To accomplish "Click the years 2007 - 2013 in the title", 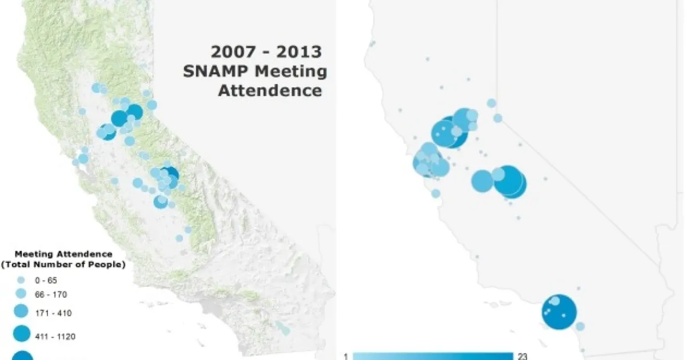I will point(266,52).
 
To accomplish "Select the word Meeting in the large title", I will point(291,71).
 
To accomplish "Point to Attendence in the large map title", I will point(270,90).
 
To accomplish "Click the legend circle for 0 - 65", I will point(21,281).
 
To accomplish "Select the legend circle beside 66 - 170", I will point(21,294).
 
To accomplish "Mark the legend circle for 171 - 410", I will point(21,313).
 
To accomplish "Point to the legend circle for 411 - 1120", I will point(21,333).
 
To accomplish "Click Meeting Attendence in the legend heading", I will point(63,254).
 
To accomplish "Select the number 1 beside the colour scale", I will point(346,356).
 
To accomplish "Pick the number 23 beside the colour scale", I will point(522,356).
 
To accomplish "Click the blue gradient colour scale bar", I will point(433,356).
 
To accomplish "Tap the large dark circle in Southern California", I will point(559,312).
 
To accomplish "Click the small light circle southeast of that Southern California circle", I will point(580,326).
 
